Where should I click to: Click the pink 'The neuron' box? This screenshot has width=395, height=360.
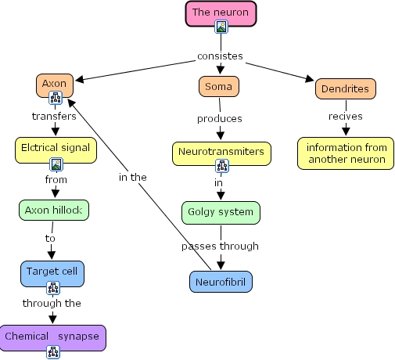[221, 13]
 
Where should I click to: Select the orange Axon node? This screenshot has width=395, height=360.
[55, 83]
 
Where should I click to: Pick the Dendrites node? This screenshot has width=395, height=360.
[346, 88]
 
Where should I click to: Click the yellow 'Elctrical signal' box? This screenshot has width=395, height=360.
[56, 147]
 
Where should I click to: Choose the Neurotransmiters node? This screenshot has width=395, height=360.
[221, 149]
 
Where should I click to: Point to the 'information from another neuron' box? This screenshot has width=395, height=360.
[346, 153]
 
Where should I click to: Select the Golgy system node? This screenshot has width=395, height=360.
[221, 212]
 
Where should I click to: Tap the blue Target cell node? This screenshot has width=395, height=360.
[52, 272]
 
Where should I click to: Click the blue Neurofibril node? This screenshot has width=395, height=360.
[221, 280]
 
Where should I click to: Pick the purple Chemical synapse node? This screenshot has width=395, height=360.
[52, 337]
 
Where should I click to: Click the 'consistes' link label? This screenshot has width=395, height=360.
[220, 56]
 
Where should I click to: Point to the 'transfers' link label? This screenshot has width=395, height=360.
[54, 116]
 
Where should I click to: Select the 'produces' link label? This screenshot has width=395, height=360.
[220, 118]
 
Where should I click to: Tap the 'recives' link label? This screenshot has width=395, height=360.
[345, 117]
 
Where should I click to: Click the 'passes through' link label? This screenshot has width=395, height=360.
[220, 246]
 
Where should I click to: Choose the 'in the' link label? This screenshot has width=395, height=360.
[133, 177]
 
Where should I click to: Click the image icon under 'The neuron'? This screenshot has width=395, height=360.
[221, 27]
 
